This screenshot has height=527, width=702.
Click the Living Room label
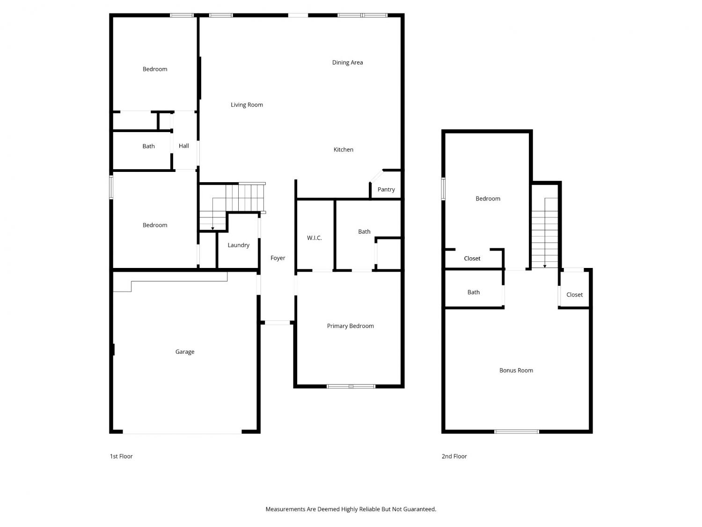(247, 104)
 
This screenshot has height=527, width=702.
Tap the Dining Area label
(347, 62)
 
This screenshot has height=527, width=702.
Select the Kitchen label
(343, 149)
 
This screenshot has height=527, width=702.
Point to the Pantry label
(386, 189)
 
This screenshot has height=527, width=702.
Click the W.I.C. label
(314, 238)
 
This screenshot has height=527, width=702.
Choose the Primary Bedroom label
(350, 326)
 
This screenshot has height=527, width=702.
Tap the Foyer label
(278, 258)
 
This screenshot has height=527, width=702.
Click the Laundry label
(238, 245)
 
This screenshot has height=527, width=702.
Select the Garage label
(184, 352)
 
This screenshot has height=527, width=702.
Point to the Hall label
(183, 146)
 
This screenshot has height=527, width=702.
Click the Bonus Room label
(516, 370)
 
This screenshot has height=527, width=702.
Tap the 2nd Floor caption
(454, 456)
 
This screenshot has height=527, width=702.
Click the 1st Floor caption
(121, 456)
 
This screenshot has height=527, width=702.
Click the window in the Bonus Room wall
(517, 431)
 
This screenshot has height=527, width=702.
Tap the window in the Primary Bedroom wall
(351, 386)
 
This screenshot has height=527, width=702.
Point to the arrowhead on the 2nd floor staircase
(545, 266)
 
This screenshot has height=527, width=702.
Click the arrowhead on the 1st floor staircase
(212, 229)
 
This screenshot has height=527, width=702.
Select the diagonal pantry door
(376, 176)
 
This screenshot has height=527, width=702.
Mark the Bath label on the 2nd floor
(473, 292)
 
